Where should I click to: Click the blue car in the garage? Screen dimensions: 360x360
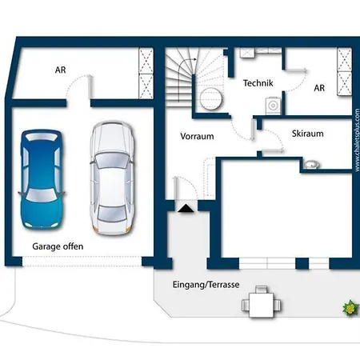[42, 178]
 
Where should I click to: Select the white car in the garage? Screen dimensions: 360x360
[112, 178]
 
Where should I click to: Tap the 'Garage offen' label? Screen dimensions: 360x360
[58, 246]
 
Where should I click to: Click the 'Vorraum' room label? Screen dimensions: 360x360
[197, 136]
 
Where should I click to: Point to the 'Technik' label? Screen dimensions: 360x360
[258, 83]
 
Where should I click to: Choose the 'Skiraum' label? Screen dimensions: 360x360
[308, 134]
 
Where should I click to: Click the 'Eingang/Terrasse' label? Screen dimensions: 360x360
[206, 285]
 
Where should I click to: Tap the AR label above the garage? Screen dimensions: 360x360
[60, 70]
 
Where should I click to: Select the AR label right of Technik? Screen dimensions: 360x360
[319, 88]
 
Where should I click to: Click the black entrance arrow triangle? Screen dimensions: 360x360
[186, 209]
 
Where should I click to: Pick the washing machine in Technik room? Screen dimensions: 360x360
[273, 106]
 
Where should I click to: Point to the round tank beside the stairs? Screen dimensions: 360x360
[210, 98]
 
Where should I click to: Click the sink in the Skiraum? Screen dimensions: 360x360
[312, 165]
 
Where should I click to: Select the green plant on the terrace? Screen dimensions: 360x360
[350, 307]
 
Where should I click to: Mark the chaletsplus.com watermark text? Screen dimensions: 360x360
[357, 140]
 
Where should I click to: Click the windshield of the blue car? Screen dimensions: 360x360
[42, 195]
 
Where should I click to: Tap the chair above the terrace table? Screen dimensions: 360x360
[261, 289]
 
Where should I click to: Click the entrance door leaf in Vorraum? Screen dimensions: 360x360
[175, 188]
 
